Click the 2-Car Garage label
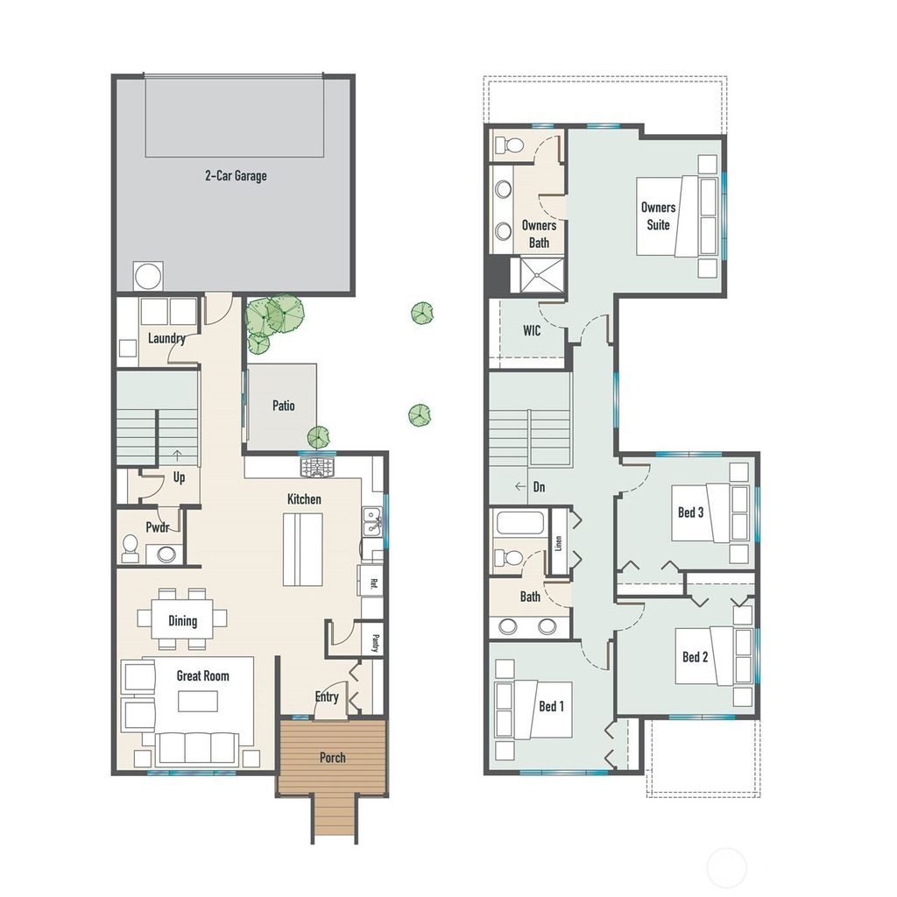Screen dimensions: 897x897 (x=236, y=176)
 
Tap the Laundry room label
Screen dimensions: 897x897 (x=166, y=338)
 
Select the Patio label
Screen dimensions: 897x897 (x=283, y=406)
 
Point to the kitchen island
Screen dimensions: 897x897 (x=302, y=549)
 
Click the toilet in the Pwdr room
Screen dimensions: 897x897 (x=131, y=548)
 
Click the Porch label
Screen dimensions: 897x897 (x=332, y=758)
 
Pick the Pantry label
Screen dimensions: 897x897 (x=374, y=642)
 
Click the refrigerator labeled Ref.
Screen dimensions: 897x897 (x=371, y=582)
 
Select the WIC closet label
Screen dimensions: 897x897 (x=532, y=331)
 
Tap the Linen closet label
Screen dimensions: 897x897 (x=557, y=541)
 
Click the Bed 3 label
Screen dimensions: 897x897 (x=690, y=512)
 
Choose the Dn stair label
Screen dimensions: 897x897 (x=539, y=486)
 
